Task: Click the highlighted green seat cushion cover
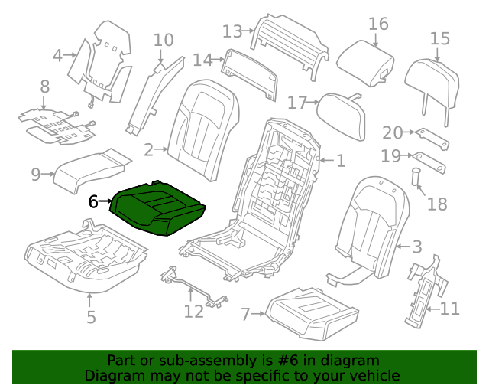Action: point(159,211)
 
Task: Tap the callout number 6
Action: point(93,202)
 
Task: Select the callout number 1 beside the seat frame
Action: point(340,161)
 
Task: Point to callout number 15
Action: point(440,39)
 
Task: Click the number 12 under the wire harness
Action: point(193,312)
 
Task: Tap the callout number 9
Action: point(36,175)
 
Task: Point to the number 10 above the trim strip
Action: point(164,40)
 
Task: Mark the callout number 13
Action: point(232,31)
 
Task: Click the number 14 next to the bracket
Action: point(202,60)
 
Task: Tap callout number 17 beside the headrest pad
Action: point(297,102)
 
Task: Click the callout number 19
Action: point(390,156)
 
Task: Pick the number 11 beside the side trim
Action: point(450,309)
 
